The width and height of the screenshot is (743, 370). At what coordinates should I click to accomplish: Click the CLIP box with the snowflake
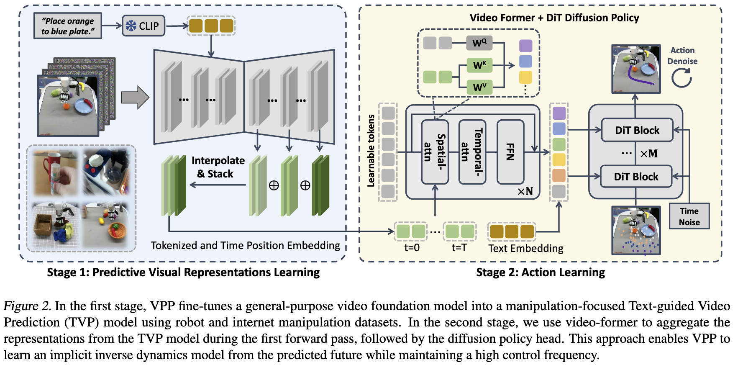[143, 26]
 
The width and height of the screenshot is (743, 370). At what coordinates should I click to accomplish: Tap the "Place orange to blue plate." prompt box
[68, 26]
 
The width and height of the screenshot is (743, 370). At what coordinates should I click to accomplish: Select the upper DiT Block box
[637, 130]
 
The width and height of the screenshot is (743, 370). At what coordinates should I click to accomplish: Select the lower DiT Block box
[636, 177]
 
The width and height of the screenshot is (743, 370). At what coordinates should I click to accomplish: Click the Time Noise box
[689, 216]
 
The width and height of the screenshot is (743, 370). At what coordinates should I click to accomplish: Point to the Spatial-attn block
[435, 152]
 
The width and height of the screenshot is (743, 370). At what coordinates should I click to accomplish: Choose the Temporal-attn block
[472, 152]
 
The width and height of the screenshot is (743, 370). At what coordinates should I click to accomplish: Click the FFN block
[510, 152]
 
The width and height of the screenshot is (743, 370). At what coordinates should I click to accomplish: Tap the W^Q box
[479, 43]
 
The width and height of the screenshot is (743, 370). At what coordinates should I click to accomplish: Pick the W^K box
[479, 65]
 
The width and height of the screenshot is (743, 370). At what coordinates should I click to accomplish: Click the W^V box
[479, 87]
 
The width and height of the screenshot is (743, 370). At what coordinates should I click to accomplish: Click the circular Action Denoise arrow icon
[682, 78]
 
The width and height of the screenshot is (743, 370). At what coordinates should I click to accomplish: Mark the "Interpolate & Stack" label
[218, 167]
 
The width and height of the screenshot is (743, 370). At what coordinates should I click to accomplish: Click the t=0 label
[412, 248]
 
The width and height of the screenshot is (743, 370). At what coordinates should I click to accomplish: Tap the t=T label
[459, 248]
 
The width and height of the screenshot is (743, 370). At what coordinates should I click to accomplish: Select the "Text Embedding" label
[526, 249]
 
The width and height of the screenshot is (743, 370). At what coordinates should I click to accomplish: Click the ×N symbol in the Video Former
[525, 192]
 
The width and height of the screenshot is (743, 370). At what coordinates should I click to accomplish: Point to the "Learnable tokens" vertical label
[371, 151]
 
